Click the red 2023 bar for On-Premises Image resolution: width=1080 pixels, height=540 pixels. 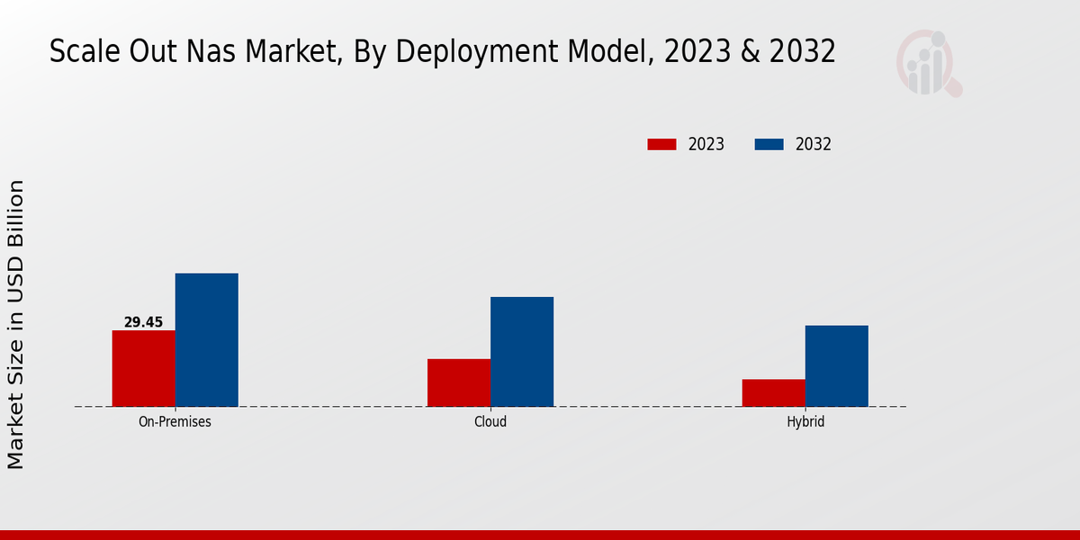(x=144, y=368)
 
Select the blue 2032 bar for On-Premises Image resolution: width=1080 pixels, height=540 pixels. (x=207, y=339)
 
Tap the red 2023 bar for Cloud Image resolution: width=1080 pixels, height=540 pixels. (x=459, y=382)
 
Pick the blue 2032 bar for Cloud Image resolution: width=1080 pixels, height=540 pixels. (x=522, y=351)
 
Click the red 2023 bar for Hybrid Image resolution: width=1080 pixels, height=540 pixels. (x=774, y=392)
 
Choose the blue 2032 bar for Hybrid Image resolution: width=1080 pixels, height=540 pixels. (x=837, y=365)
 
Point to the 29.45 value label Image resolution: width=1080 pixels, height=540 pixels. (x=143, y=322)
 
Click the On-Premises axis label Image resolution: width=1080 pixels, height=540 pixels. (x=175, y=421)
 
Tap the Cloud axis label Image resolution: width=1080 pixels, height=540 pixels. (x=490, y=421)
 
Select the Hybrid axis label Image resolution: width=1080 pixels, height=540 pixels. (x=805, y=421)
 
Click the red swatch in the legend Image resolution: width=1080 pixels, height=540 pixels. (x=661, y=144)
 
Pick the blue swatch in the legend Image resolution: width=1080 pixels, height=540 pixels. (x=768, y=144)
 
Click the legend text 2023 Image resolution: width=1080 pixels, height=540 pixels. (x=706, y=144)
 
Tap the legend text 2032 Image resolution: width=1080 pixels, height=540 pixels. (x=814, y=144)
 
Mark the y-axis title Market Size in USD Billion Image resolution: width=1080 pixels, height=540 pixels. (x=16, y=324)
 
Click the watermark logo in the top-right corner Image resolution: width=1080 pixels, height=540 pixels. (x=928, y=63)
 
